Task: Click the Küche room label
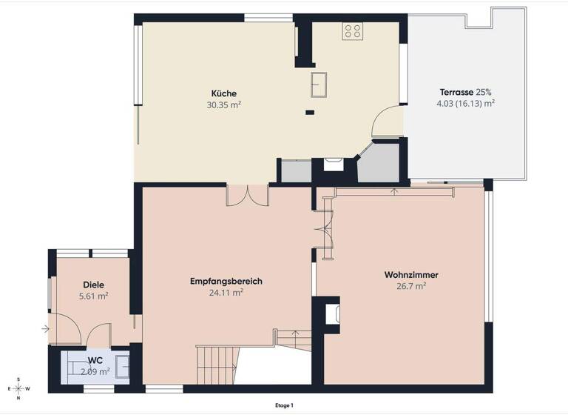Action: (223, 93)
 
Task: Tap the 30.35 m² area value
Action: (223, 105)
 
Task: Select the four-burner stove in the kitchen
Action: (353, 30)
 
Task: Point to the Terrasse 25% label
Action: (465, 92)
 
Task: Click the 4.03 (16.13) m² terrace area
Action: (465, 104)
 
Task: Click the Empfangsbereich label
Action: (226, 281)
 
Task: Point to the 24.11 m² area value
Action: (226, 293)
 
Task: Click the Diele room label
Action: (93, 285)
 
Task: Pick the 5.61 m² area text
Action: (93, 296)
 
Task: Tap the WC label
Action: (95, 360)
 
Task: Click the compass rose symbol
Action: (18, 388)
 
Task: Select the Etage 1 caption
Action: (284, 405)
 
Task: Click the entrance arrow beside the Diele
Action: (46, 328)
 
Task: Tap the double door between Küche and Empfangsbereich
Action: (247, 194)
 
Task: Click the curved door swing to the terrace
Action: (386, 123)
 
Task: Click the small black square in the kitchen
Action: (309, 113)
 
